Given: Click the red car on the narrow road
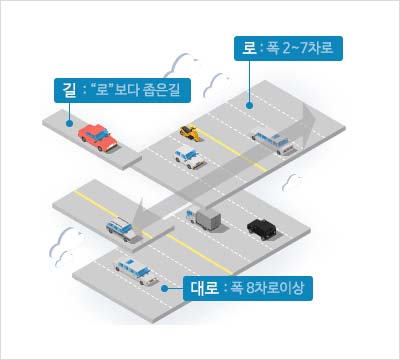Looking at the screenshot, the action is coord(97,137).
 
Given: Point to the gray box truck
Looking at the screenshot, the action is coord(207,220).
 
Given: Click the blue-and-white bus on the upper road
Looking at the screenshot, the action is coord(272,140).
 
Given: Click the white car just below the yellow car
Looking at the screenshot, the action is coord(187,156).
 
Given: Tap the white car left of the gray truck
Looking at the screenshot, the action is coord(123,229).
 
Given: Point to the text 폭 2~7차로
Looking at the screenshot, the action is coord(299,47).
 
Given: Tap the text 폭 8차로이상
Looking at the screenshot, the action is coord(268,290).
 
